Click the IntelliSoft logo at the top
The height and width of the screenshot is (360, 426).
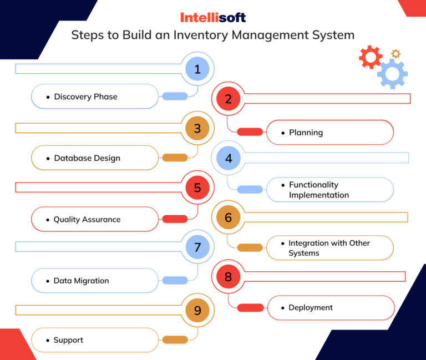pyautogui.click(x=213, y=17)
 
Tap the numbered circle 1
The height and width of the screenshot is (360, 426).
pyautogui.click(x=197, y=69)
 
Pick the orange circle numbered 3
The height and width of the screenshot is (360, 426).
pyautogui.click(x=197, y=129)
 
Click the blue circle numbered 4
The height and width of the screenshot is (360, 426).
pyautogui.click(x=229, y=159)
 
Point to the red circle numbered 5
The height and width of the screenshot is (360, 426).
pyautogui.click(x=197, y=188)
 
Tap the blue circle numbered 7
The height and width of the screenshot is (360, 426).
pyautogui.click(x=197, y=247)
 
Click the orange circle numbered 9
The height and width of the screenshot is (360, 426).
pyautogui.click(x=197, y=311)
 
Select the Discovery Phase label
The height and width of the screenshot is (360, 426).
pyautogui.click(x=85, y=97)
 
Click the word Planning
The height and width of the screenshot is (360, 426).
pyautogui.click(x=306, y=133)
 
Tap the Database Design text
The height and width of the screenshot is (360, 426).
pyautogui.click(x=87, y=158)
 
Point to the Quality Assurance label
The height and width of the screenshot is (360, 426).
pyautogui.click(x=87, y=220)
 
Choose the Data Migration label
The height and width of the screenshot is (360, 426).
pyautogui.click(x=81, y=281)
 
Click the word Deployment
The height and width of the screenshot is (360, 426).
pyautogui.click(x=311, y=307)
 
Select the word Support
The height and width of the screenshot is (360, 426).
pyautogui.click(x=68, y=340)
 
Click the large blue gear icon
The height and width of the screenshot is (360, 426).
pyautogui.click(x=393, y=74)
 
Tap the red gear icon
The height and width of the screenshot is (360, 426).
pyautogui.click(x=370, y=57)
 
